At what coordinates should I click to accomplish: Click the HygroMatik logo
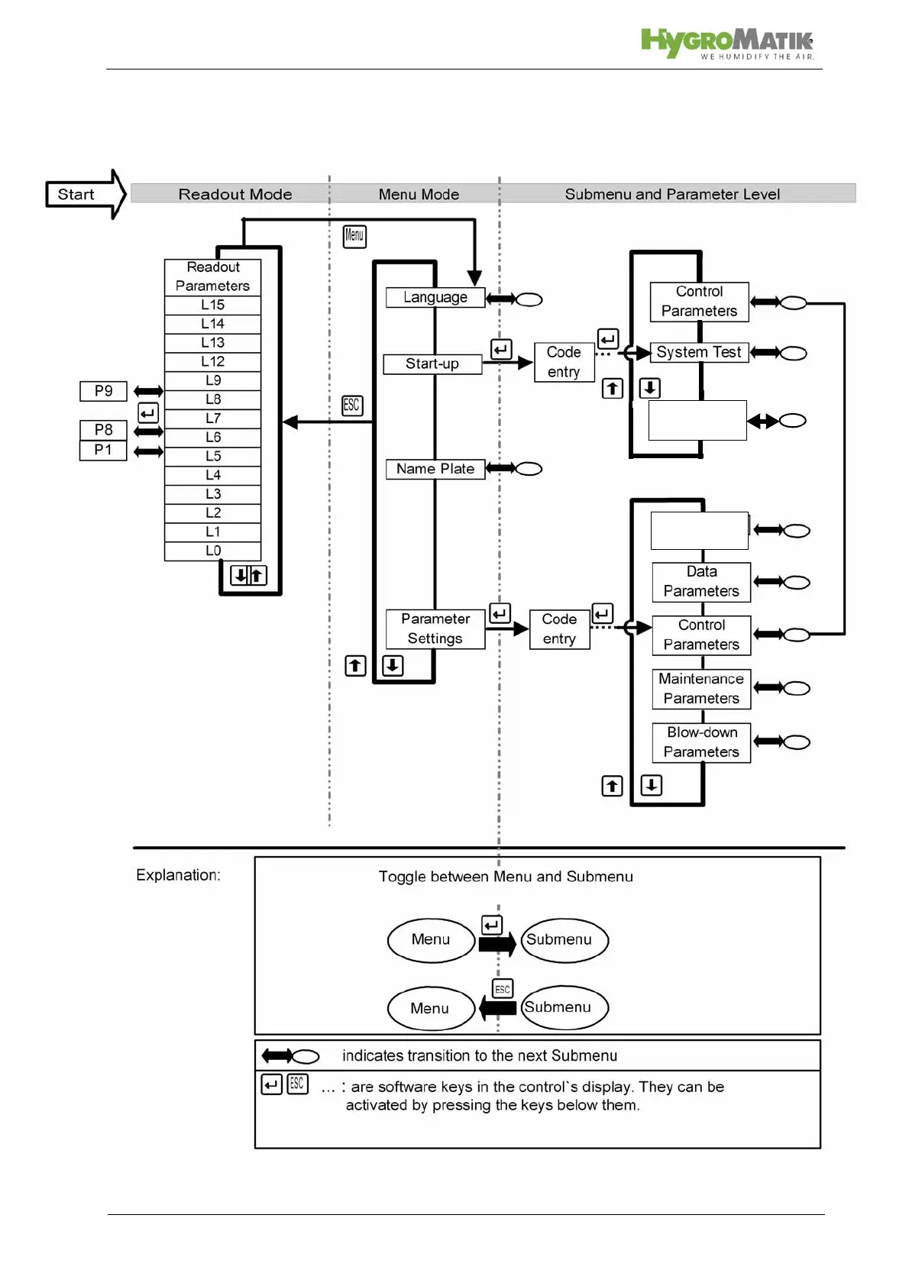(x=726, y=44)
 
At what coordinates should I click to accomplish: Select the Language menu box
(x=435, y=297)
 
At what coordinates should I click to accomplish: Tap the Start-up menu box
(x=432, y=364)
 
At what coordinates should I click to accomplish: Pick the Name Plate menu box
(x=435, y=469)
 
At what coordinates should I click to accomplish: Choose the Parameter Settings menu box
(x=435, y=628)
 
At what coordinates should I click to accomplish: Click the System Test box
(x=699, y=352)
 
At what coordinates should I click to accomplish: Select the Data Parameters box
(x=701, y=582)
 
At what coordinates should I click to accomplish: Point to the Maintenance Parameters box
(x=701, y=689)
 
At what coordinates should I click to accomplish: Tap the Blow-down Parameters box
(x=701, y=742)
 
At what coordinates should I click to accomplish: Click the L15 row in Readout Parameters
(x=212, y=305)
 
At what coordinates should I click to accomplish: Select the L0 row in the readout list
(x=212, y=551)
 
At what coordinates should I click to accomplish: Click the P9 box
(x=103, y=391)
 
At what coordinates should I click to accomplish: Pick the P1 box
(x=103, y=450)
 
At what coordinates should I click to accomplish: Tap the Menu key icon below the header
(x=354, y=236)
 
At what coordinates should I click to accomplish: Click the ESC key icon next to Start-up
(x=351, y=406)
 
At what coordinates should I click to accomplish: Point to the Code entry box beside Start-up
(x=564, y=362)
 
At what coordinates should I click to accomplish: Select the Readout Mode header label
(x=235, y=194)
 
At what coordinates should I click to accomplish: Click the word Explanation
(x=178, y=875)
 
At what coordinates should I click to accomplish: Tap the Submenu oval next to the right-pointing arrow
(x=564, y=940)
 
